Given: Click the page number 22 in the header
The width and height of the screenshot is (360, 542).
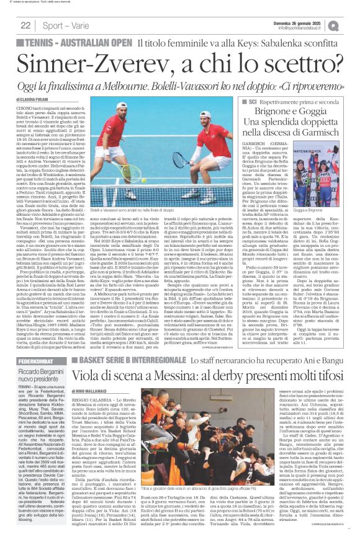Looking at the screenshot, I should (x=26, y=25).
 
